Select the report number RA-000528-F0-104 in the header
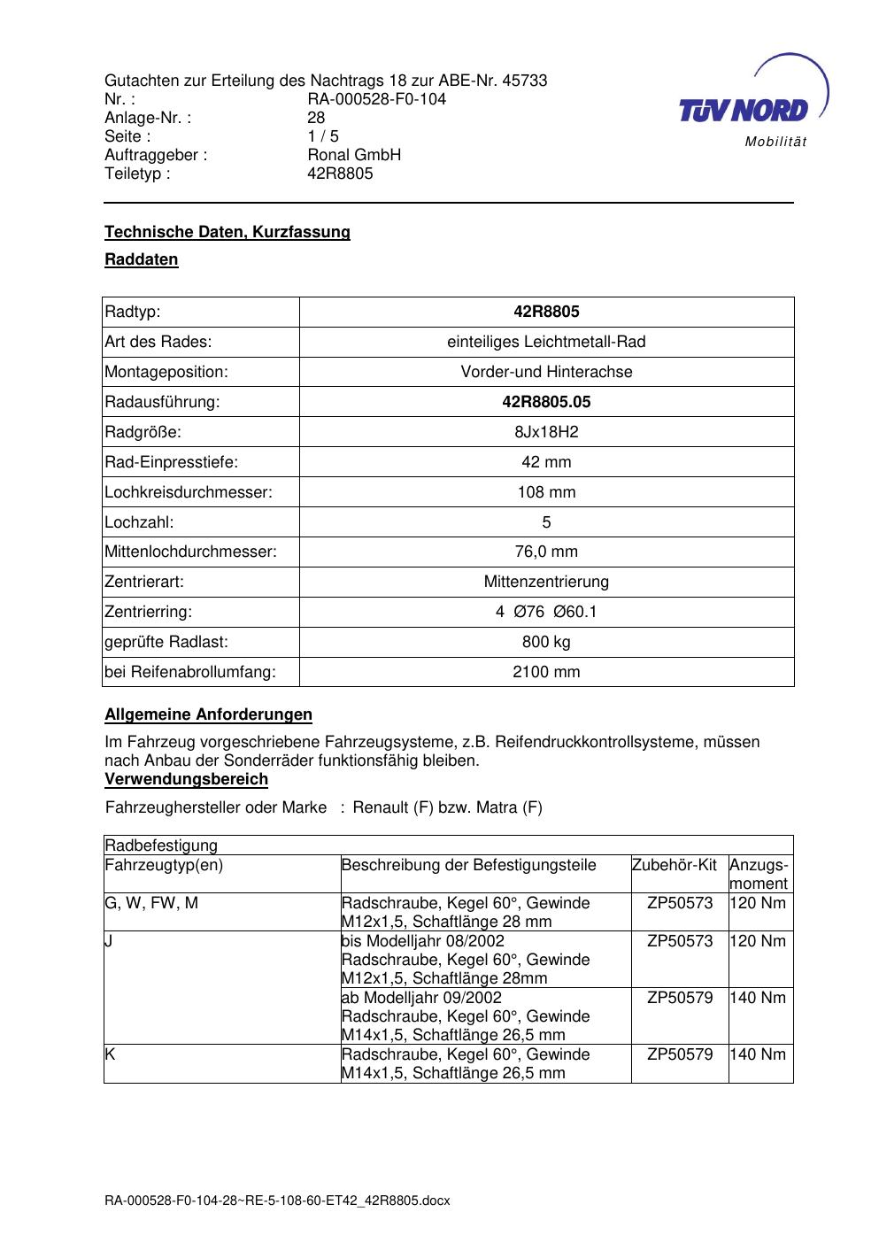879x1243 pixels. click(376, 99)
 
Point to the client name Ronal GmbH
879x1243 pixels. click(354, 155)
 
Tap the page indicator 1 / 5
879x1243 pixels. click(323, 136)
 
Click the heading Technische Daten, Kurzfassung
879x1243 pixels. click(227, 232)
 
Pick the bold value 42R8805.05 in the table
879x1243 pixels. click(546, 402)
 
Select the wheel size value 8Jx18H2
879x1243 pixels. click(546, 432)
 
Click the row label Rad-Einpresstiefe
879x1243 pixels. click(172, 462)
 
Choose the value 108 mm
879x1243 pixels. click(546, 492)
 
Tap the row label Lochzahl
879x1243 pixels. click(139, 522)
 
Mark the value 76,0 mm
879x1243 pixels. click(546, 552)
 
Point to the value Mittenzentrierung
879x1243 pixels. click(546, 582)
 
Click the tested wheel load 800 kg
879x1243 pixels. click(546, 642)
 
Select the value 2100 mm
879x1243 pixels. click(546, 672)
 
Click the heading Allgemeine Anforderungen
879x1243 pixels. click(208, 714)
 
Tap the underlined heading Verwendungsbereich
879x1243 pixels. click(186, 779)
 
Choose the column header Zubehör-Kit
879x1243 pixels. click(675, 865)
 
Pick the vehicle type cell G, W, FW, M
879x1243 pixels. click(151, 903)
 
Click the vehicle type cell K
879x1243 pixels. click(110, 1054)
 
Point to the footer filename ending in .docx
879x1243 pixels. click(277, 1201)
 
